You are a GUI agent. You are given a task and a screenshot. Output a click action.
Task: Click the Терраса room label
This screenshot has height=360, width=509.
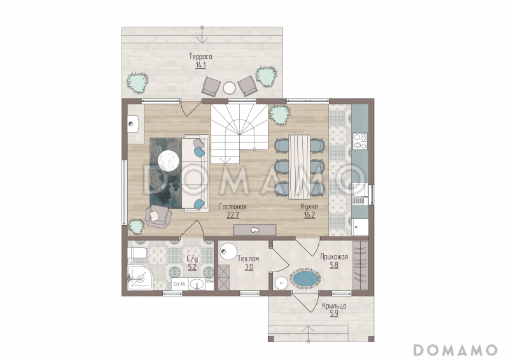coord(200,57)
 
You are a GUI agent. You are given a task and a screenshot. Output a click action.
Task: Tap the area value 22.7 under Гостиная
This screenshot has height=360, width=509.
coord(233,215)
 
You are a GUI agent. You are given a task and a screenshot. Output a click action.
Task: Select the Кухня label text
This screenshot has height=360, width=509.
coord(309,207)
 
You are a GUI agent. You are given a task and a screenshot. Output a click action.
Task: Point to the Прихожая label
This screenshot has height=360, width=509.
coord(333,257)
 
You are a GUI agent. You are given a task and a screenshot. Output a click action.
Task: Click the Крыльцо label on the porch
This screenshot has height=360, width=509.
coord(334,306)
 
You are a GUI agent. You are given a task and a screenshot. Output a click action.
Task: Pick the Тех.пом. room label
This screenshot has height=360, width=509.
coord(249,259)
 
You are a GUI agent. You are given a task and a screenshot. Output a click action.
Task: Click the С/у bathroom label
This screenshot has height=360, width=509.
coord(192,259)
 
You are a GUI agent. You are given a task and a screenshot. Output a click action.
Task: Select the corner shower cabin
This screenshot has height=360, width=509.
coord(140,277)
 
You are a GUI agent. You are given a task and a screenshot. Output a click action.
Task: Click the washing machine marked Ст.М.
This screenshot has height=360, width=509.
coord(179,284)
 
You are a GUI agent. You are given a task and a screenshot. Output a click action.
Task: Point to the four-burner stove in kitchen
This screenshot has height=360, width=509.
coord(360,141)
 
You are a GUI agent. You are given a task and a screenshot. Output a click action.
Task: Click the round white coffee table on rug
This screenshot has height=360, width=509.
coord(169,160)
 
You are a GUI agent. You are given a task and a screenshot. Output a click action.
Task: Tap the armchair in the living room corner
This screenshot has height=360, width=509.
coord(158,216)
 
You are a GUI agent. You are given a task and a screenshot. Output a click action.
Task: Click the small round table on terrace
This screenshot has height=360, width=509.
coord(230,88)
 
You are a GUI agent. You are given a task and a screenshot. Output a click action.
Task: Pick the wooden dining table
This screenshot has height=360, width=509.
coord(299,167)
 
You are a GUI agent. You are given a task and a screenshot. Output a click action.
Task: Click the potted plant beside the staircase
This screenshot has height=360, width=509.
coord(279,115)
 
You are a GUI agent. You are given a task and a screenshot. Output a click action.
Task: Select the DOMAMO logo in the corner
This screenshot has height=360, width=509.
coord(456,350)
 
